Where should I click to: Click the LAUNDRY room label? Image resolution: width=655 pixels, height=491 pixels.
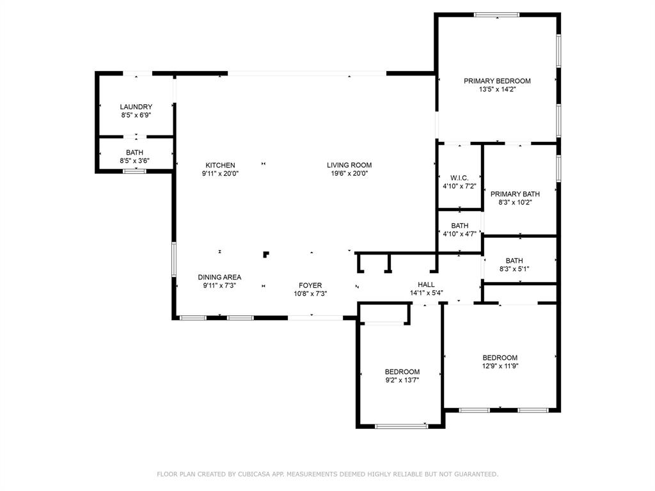pos(136,107)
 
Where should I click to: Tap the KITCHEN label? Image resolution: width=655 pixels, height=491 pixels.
pos(220,165)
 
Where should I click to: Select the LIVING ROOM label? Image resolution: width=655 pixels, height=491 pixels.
pos(349,165)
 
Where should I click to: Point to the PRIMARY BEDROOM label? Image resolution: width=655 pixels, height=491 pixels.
pos(497,81)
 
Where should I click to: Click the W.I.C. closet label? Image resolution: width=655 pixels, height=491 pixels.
pos(459,178)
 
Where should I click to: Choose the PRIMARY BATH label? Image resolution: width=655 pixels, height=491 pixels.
pos(515,194)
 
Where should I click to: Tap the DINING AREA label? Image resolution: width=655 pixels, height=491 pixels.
pos(219,277)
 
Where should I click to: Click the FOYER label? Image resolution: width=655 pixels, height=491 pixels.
pos(310,285)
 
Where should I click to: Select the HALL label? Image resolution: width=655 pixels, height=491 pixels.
pos(426,285)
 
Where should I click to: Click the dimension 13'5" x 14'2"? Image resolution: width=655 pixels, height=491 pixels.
pos(497,90)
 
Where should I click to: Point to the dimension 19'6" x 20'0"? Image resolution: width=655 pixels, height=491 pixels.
pos(349,173)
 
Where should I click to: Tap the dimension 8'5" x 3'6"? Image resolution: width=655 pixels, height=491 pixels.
pos(134,161)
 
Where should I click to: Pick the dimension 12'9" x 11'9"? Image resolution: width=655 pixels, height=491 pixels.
pos(500,366)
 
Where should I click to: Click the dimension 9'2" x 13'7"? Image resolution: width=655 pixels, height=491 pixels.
pos(402,380)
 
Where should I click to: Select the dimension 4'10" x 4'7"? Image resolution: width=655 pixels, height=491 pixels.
pos(459,234)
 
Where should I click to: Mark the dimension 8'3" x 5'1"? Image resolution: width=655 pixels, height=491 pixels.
pos(514,269)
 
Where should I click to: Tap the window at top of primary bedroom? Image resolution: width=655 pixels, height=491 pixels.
pos(496,15)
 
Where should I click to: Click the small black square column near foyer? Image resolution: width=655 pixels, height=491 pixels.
pos(265,254)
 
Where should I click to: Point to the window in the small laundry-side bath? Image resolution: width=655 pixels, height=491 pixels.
pos(134,171)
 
